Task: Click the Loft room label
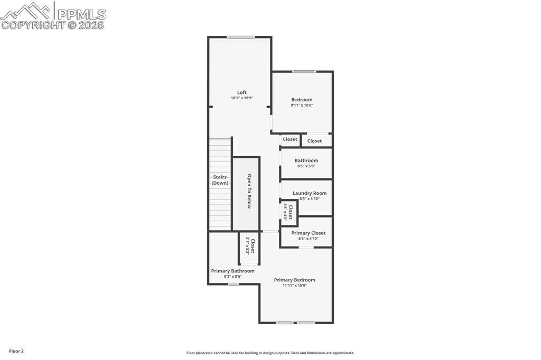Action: click(x=241, y=92)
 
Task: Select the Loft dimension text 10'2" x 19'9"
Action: click(x=241, y=98)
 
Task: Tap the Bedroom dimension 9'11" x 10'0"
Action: click(x=302, y=105)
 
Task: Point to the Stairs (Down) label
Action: click(x=220, y=180)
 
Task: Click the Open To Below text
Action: click(x=249, y=191)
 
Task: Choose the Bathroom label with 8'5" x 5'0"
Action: click(x=306, y=160)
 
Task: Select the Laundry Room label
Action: click(x=309, y=193)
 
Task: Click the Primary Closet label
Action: click(x=308, y=233)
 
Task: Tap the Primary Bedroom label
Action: click(x=294, y=280)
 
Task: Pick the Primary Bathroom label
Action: click(x=232, y=271)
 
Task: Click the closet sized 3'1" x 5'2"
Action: click(x=249, y=247)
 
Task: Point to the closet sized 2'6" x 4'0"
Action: click(x=288, y=212)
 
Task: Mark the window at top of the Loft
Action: click(x=240, y=37)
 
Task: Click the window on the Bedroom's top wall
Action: click(x=304, y=71)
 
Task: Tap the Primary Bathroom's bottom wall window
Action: click(x=233, y=284)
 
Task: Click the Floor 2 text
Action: click(x=16, y=351)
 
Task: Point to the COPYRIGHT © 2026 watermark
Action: click(x=53, y=25)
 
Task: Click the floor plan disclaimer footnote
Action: click(x=270, y=353)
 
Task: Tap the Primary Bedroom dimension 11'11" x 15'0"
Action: click(x=294, y=286)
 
